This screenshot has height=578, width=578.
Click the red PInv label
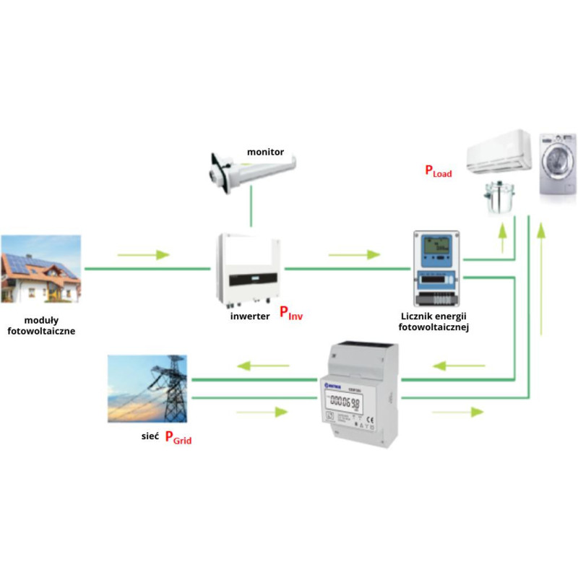point(290,314)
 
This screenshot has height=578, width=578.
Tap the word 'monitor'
point(265,152)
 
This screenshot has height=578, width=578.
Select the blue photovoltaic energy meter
point(436,268)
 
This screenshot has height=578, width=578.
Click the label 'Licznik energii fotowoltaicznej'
point(435,322)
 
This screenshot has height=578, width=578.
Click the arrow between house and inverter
point(143,255)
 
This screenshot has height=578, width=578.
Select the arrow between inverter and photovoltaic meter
point(354,255)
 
